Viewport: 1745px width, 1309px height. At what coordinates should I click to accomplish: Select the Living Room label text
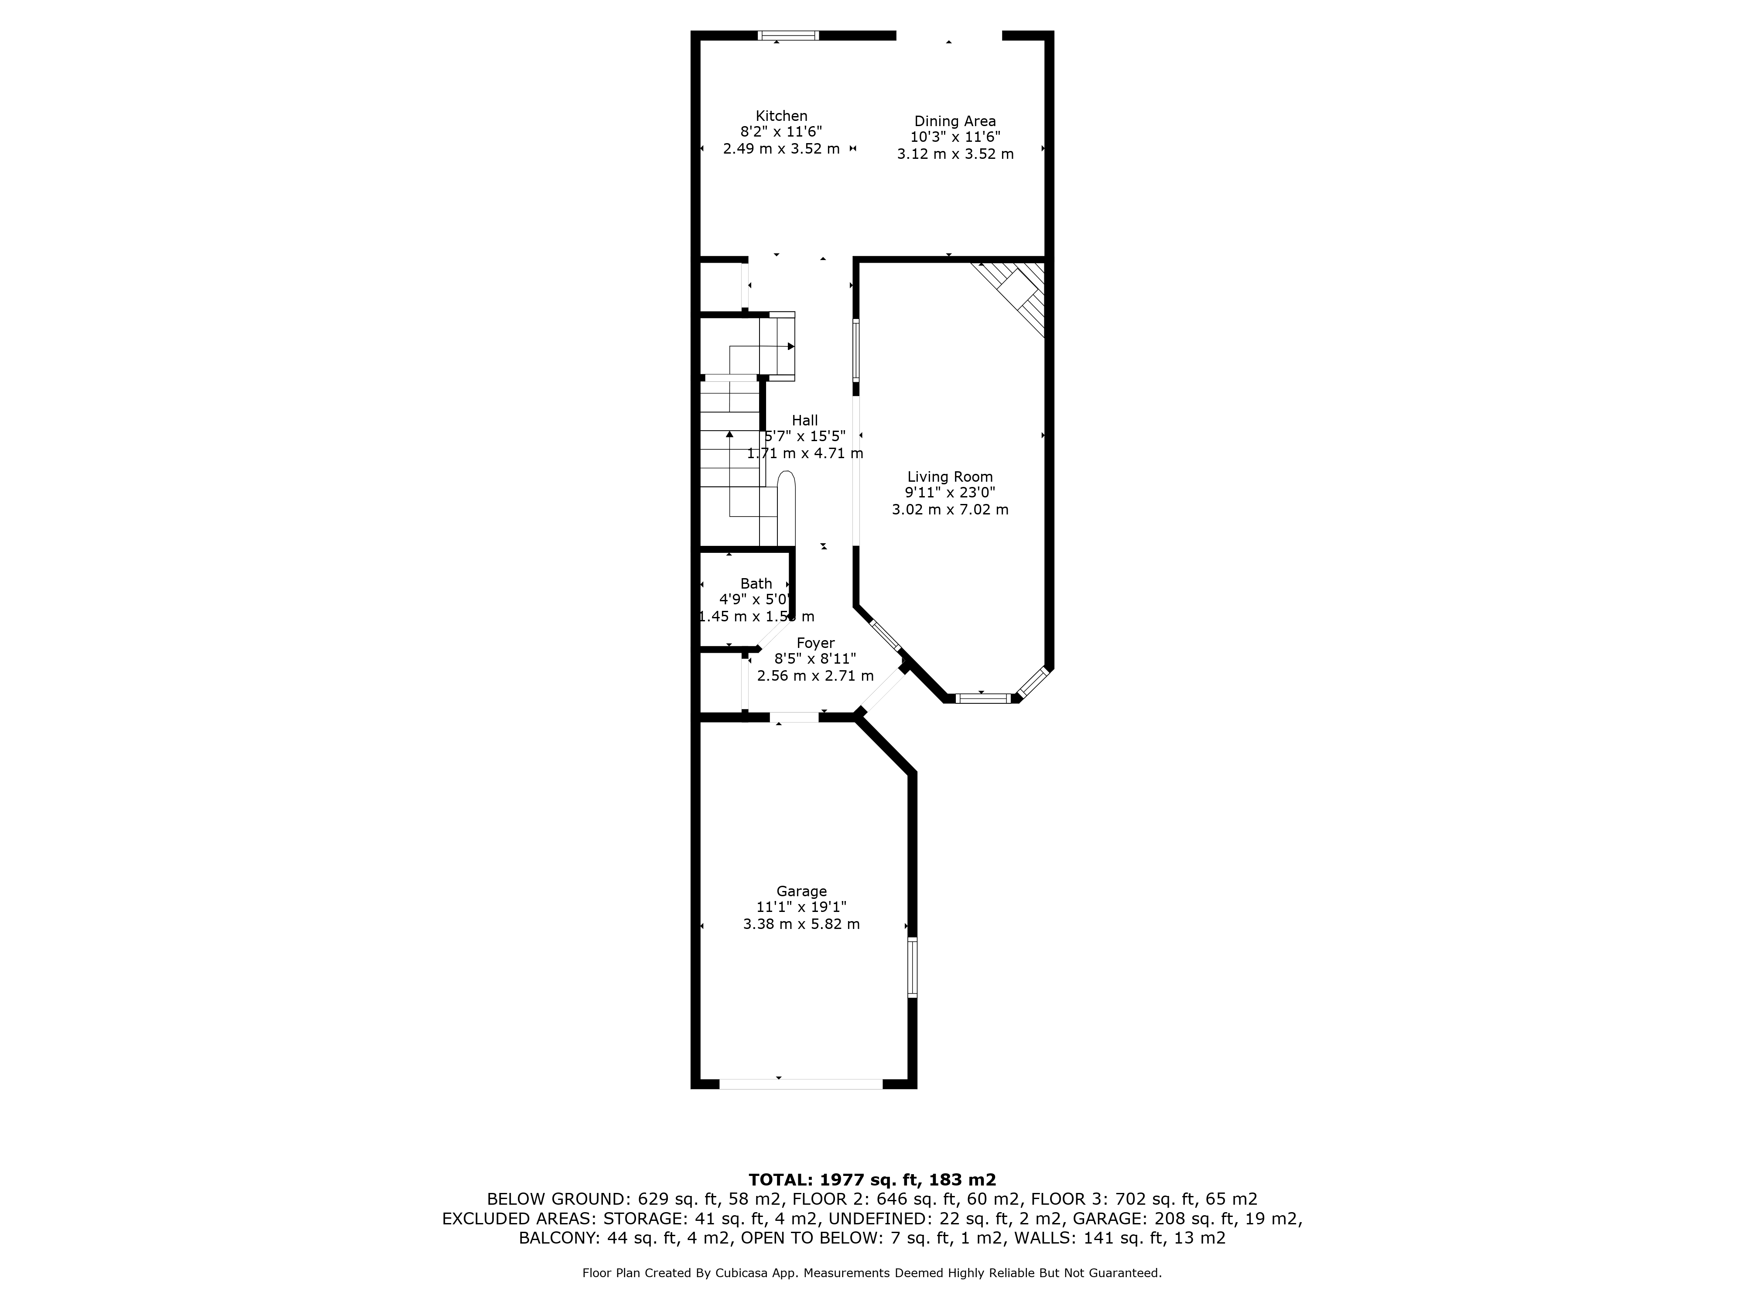[x=950, y=476]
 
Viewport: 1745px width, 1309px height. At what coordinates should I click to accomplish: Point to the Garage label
[x=801, y=891]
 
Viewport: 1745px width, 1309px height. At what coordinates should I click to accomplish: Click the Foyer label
[x=815, y=643]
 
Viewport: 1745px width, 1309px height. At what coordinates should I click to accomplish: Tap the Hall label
[x=804, y=421]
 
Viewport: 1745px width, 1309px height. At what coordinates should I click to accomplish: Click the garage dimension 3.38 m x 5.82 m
[x=801, y=924]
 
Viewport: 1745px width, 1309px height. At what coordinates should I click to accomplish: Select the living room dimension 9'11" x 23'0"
[x=950, y=492]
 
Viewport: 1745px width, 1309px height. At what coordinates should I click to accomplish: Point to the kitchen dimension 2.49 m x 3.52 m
[x=781, y=148]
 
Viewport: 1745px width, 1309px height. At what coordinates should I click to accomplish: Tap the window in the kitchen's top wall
[x=788, y=35]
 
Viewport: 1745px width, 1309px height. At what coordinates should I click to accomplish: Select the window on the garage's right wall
[x=913, y=967]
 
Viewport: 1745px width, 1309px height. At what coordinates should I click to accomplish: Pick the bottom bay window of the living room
[x=982, y=698]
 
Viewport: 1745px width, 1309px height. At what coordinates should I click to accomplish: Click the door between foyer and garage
[x=794, y=717]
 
